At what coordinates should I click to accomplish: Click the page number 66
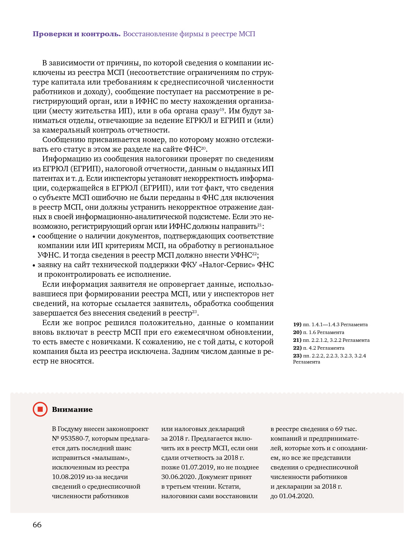coord(37,525)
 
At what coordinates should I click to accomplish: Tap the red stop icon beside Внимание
coord(40,409)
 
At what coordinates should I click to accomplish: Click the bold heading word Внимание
coord(72,409)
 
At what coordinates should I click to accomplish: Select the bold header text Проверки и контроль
coord(77,34)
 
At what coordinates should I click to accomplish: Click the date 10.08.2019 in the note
coord(68,477)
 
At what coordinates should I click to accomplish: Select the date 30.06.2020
coord(179,477)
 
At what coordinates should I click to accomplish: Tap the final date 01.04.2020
coord(296,496)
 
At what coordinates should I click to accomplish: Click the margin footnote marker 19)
coord(297,324)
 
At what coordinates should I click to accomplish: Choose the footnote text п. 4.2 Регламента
coord(324,348)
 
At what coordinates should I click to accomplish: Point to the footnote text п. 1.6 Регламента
coord(324,332)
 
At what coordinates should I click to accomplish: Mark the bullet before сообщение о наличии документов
coord(34,237)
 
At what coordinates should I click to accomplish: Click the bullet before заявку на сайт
coord(34,265)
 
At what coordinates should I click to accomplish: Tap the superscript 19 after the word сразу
coord(222,109)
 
